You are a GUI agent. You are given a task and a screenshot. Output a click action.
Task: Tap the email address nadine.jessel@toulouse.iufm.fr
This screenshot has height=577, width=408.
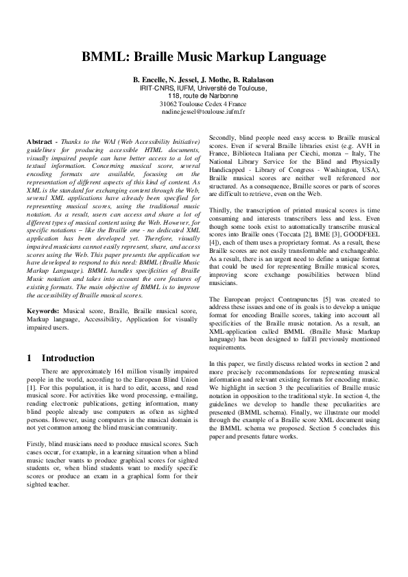click(204, 110)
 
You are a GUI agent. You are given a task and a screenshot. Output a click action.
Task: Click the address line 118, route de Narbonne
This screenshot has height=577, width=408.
click(204, 95)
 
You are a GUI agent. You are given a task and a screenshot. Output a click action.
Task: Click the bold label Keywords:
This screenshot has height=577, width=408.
click(41, 311)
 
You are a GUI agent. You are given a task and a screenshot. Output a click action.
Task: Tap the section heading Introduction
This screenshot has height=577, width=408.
click(68, 358)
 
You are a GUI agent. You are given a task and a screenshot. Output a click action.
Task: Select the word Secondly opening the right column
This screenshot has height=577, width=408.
click(223, 138)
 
